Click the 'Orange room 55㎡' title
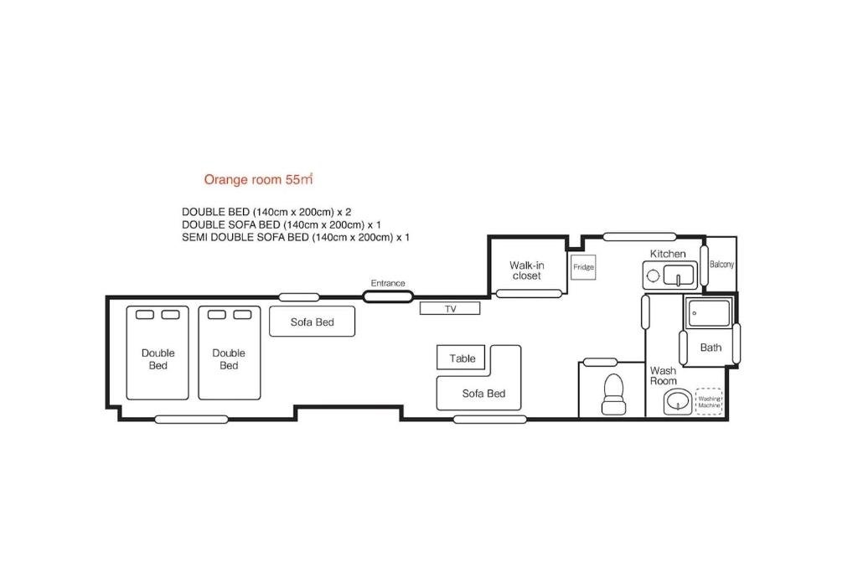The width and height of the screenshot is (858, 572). tap(258, 179)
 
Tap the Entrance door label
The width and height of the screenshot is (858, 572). tap(388, 283)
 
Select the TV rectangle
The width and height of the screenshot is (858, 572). tap(450, 308)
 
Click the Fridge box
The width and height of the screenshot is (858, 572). tap(583, 267)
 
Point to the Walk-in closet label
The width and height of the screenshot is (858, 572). tap(526, 271)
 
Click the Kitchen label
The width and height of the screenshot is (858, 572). tap(668, 254)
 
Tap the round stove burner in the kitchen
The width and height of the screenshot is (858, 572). tap(653, 276)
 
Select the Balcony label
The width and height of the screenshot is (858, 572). tap(721, 264)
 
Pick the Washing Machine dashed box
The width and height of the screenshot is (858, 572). tap(709, 401)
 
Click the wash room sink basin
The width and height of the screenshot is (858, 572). tap(678, 402)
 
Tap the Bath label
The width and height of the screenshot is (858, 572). tap(711, 348)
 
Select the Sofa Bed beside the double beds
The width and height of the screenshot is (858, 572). tap(312, 321)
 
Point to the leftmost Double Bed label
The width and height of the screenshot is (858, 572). tap(158, 359)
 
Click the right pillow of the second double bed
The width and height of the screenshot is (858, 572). tap(242, 314)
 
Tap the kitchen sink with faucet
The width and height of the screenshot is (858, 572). tap(679, 275)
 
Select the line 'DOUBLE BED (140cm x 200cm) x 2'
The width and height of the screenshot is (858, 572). tap(266, 212)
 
